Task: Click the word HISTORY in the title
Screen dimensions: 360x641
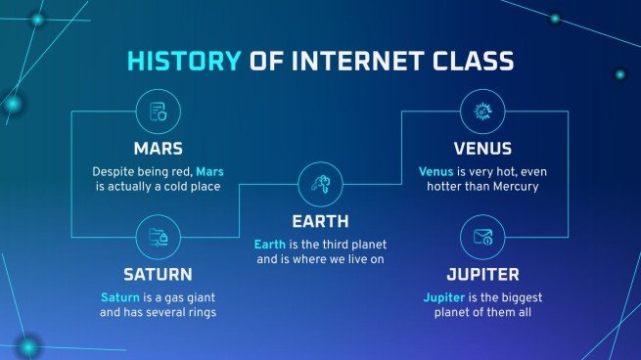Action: (182, 63)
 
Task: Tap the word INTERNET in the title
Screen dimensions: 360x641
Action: (341, 63)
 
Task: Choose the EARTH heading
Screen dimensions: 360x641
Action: (320, 221)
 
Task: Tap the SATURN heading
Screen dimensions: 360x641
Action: (159, 274)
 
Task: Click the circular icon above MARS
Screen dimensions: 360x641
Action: (159, 112)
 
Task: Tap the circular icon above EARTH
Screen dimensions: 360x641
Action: (320, 183)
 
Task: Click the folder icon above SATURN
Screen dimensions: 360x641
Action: (159, 236)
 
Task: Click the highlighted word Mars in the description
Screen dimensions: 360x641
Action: (209, 171)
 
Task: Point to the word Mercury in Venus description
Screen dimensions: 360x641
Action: (514, 186)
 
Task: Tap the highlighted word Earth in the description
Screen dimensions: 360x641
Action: (271, 244)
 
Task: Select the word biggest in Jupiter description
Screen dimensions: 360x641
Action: (517, 296)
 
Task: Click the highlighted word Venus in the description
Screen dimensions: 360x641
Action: (436, 171)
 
